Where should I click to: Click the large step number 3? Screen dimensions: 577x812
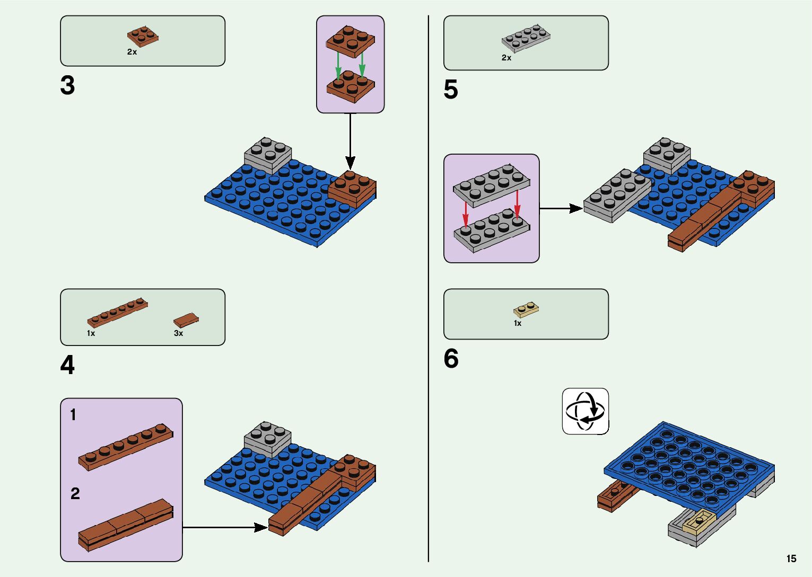(x=67, y=86)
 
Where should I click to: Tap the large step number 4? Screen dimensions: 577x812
(x=67, y=366)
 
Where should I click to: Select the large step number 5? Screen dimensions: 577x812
(x=450, y=90)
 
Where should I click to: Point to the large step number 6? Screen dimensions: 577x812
(x=451, y=359)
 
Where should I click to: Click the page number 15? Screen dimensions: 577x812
(x=791, y=559)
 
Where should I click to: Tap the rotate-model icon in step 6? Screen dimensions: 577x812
(x=585, y=411)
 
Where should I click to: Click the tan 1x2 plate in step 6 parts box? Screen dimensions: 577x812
(x=526, y=309)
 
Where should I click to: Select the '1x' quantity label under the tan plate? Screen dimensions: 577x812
(x=518, y=323)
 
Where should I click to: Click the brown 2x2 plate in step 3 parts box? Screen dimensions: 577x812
(x=143, y=35)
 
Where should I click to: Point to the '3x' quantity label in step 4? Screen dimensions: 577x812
(x=178, y=333)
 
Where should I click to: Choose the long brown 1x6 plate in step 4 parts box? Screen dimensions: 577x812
(x=117, y=312)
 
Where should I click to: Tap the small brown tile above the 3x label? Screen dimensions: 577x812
(x=186, y=320)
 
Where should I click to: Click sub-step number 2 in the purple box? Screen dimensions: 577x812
(x=75, y=494)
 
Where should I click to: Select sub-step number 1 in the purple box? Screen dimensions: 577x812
(x=73, y=415)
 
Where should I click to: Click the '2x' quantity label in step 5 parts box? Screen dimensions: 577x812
(x=507, y=58)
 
